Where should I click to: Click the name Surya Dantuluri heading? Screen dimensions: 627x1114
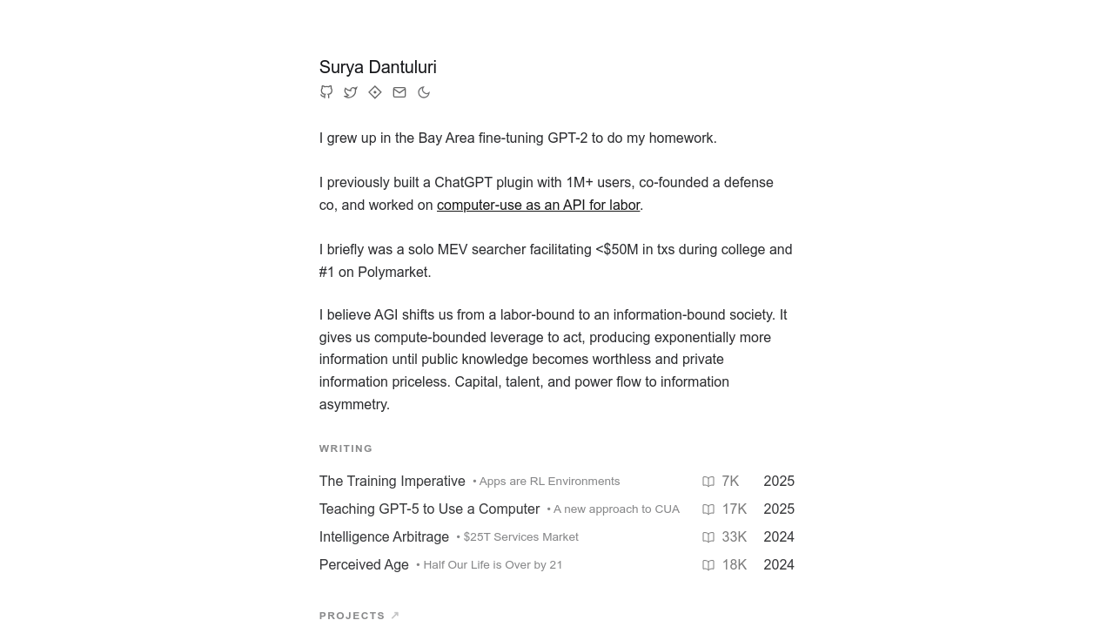(378, 67)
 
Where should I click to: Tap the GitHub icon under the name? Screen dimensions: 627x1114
(326, 92)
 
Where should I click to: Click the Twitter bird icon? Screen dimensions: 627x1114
(351, 92)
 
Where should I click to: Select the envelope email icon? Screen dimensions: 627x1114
(399, 92)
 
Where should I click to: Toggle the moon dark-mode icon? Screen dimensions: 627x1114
(424, 92)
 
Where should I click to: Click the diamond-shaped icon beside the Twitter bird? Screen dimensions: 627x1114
(375, 92)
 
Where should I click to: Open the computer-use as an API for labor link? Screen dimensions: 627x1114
(538, 206)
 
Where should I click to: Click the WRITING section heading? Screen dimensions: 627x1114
(346, 448)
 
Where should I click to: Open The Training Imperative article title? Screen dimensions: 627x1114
(392, 482)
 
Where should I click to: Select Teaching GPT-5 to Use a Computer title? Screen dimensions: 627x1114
(429, 509)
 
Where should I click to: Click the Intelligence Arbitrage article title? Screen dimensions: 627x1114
(384, 537)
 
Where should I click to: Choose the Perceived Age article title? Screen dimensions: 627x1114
(364, 565)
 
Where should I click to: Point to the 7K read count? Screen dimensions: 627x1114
(730, 482)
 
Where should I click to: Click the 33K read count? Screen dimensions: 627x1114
(734, 537)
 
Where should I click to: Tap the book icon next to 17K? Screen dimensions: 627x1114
(708, 509)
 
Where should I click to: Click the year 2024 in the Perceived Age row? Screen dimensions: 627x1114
(778, 565)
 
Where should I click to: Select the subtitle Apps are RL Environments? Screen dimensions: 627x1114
(549, 482)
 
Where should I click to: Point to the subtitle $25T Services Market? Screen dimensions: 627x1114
(520, 537)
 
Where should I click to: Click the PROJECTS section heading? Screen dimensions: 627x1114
(352, 616)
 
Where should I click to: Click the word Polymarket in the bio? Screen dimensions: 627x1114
(393, 273)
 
